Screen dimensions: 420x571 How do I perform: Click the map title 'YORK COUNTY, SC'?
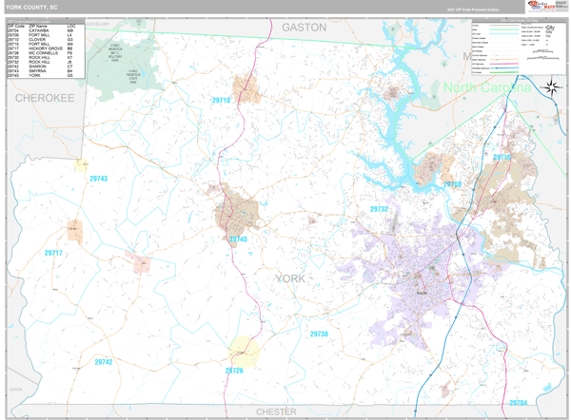click(x=31, y=6)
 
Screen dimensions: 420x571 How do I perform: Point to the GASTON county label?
click(x=304, y=28)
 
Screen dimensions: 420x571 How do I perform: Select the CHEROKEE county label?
click(x=44, y=98)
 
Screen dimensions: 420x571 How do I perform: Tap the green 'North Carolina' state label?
click(x=487, y=88)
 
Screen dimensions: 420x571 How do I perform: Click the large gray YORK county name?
click(x=290, y=278)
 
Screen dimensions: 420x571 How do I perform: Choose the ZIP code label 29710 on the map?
click(x=221, y=100)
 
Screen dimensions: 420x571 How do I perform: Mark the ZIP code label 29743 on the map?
click(x=98, y=179)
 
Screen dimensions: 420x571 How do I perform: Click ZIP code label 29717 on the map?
click(x=53, y=253)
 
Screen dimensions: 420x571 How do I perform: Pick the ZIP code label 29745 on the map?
click(x=238, y=239)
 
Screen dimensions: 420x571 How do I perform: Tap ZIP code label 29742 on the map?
click(x=103, y=362)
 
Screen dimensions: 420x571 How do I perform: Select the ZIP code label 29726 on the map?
click(x=234, y=371)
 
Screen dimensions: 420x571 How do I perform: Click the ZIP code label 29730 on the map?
click(x=319, y=334)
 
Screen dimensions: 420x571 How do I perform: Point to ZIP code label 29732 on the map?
click(x=379, y=209)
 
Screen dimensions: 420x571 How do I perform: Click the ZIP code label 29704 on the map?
click(x=518, y=403)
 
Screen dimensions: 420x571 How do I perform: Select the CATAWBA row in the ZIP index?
click(x=40, y=30)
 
